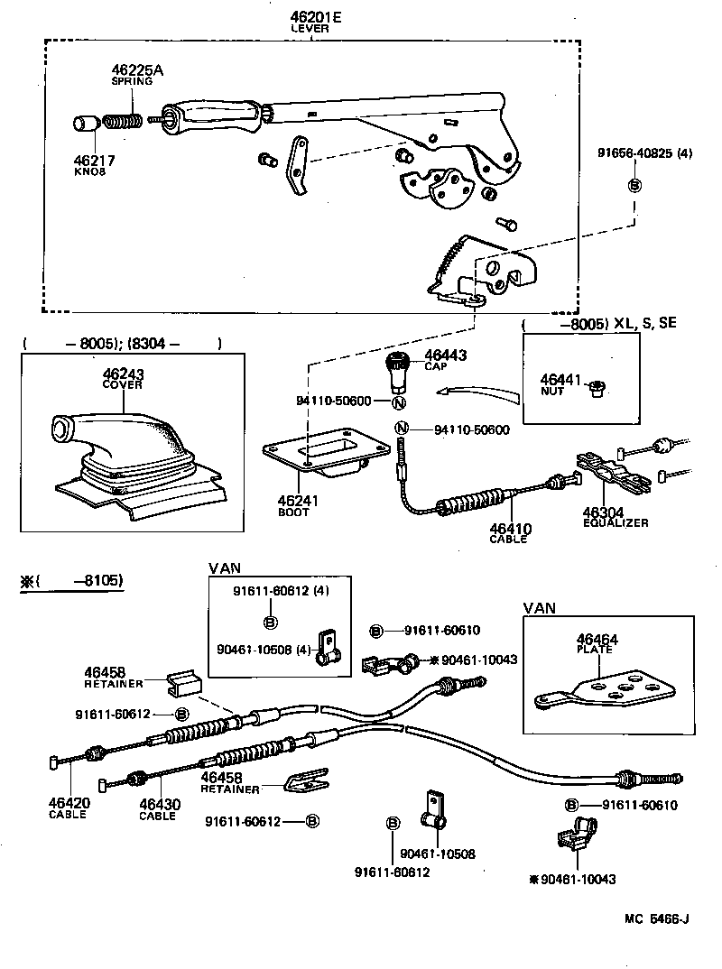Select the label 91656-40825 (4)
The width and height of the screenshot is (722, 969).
tap(644, 153)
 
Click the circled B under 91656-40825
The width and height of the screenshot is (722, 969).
tap(634, 185)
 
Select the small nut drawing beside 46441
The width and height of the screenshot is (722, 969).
tap(595, 389)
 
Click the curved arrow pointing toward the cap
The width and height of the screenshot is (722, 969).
tap(477, 392)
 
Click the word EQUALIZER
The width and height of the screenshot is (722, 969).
tap(616, 522)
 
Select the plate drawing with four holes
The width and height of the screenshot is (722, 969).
tap(604, 690)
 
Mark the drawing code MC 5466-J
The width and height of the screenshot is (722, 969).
tap(657, 919)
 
